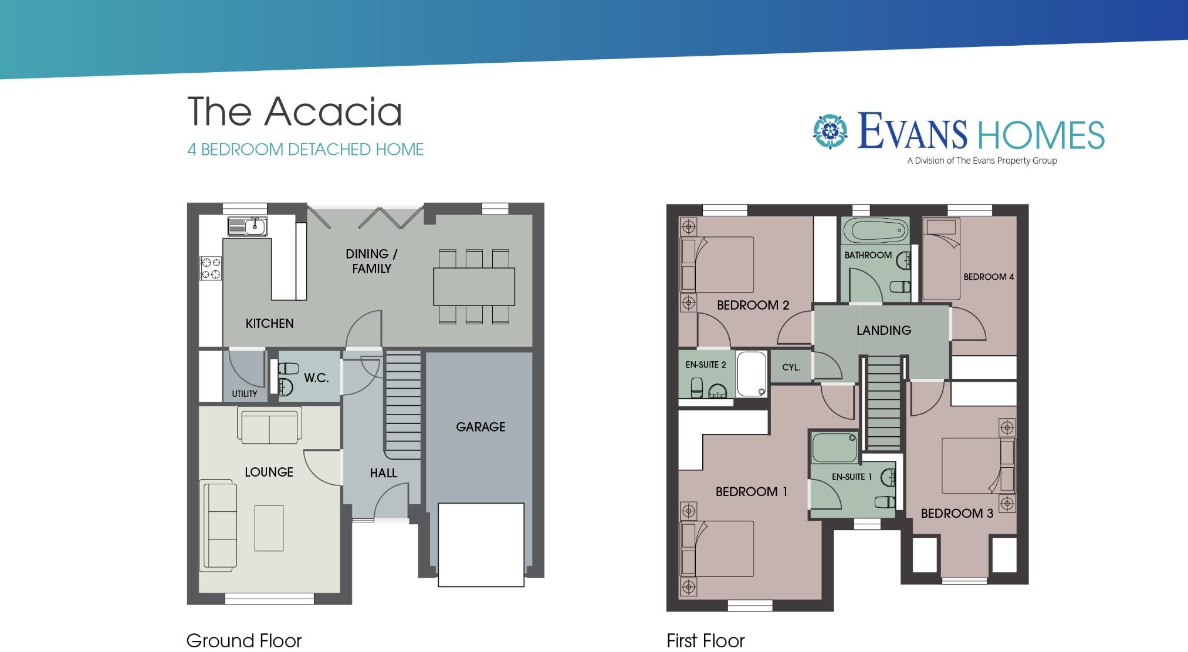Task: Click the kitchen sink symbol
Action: click(248, 226)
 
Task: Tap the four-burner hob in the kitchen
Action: click(211, 269)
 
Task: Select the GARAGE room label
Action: click(480, 427)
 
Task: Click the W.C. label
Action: click(316, 378)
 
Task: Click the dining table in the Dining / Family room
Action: click(474, 287)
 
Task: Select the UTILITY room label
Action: click(244, 394)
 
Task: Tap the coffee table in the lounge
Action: click(269, 528)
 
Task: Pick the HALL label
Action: click(383, 473)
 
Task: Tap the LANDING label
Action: click(884, 330)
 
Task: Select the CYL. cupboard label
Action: click(791, 368)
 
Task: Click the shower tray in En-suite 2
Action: click(752, 374)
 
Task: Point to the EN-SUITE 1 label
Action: click(852, 477)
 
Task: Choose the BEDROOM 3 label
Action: click(957, 514)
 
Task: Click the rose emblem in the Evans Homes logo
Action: click(830, 131)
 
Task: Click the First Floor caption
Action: click(705, 640)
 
